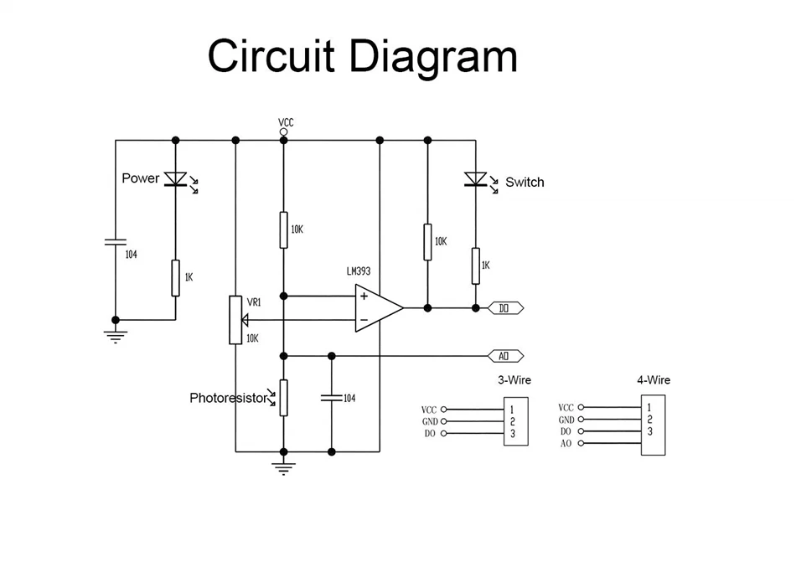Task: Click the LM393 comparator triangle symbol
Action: coord(379,308)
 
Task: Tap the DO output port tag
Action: coord(505,308)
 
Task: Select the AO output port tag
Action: coord(505,356)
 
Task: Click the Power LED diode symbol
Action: coord(176,178)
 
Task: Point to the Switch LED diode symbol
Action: coord(476,179)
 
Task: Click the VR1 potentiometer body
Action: coord(235,320)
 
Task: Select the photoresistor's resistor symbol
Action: coord(284,398)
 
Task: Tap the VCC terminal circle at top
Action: coord(284,131)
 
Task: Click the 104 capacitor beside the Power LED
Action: coord(116,242)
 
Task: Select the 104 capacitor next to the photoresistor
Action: coord(332,398)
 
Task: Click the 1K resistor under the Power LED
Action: coord(176,278)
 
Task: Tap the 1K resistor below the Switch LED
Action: coord(476,266)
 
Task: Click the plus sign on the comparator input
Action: coord(364,296)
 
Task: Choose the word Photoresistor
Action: coord(229,398)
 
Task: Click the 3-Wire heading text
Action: coord(514,380)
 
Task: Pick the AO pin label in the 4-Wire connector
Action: coord(566,443)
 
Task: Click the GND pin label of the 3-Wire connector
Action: coord(430,421)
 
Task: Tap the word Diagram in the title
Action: coord(434,57)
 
